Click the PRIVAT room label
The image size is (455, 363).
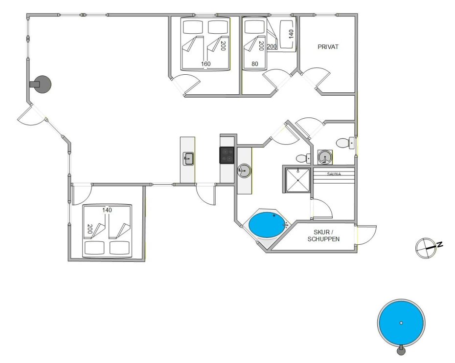coord(328,46)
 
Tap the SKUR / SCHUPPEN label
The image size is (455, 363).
coord(323,235)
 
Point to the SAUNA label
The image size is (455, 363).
coord(334,174)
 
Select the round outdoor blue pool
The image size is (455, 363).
coord(401,323)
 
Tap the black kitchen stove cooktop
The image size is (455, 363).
coord(227,155)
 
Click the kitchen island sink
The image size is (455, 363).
coord(188,159)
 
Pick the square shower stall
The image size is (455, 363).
coord(298,180)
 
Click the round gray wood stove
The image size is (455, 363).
coord(42,85)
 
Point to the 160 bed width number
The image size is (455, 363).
coord(206,64)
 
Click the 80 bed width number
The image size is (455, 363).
coord(255,64)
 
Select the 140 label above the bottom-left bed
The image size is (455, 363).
coord(107,210)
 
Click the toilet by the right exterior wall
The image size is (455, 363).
coord(346,143)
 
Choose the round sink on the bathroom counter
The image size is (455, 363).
coord(244,171)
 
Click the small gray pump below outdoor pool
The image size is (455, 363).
coord(401,350)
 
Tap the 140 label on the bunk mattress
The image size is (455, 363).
coord(291,34)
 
